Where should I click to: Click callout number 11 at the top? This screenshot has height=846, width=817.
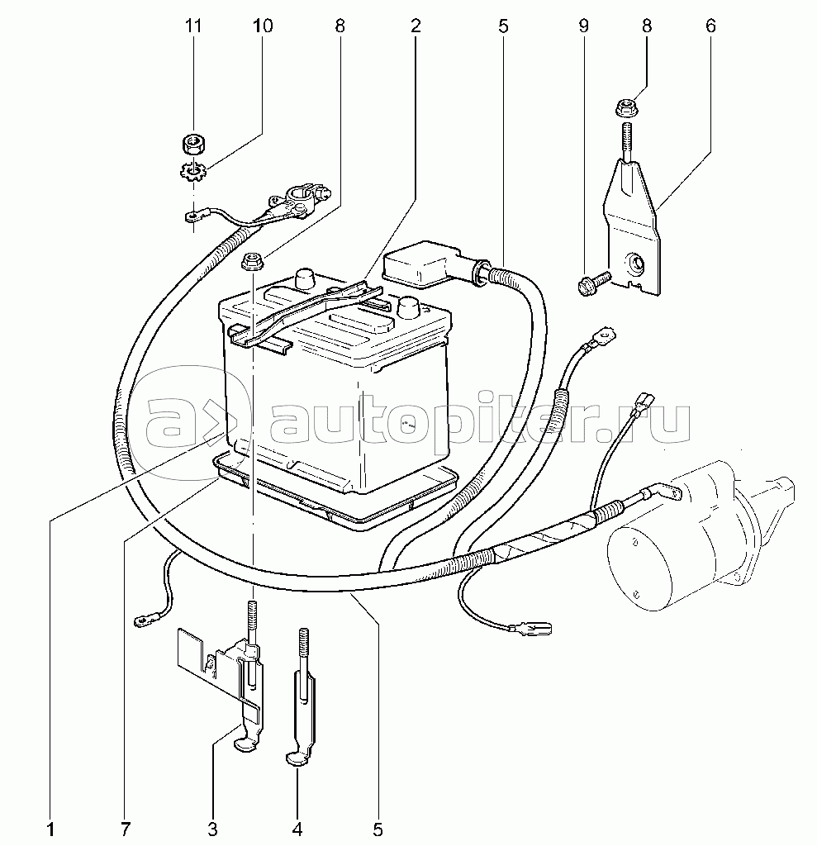tap(193, 26)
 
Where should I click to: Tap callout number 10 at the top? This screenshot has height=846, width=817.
tap(262, 26)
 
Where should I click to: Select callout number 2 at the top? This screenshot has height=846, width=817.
tap(415, 26)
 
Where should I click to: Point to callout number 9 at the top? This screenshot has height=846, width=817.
tap(583, 26)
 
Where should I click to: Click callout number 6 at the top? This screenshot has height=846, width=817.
tap(710, 26)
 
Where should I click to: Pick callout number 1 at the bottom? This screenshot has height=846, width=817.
tap(50, 828)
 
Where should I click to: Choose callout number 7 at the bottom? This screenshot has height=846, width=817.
tap(126, 828)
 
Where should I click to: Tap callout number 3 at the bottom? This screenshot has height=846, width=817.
tap(212, 828)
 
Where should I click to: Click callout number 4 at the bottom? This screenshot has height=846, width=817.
tap(297, 828)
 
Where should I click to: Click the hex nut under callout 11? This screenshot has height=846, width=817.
tap(192, 144)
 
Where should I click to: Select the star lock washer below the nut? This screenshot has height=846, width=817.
tap(191, 172)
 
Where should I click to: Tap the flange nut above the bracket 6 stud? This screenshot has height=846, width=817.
tap(626, 107)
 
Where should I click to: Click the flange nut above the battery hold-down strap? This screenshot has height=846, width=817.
tap(251, 262)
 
